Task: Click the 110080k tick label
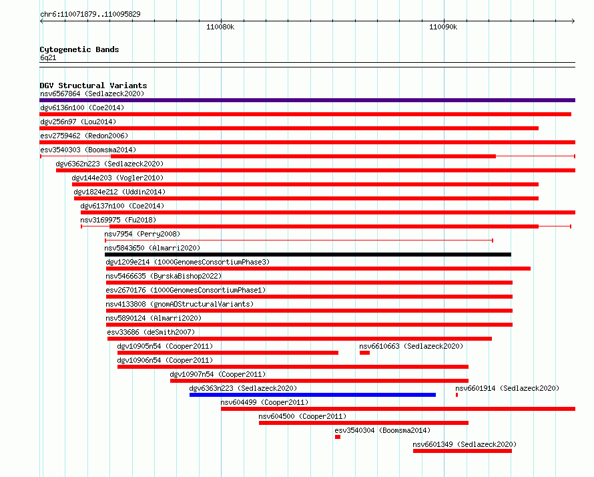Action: [x=220, y=27]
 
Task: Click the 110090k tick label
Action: [x=443, y=27]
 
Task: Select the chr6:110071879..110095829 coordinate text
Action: [x=90, y=14]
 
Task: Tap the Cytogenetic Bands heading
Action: [x=79, y=49]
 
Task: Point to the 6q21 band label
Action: [x=48, y=57]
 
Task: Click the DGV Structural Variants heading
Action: [x=93, y=86]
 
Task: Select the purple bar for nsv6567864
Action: [x=307, y=100]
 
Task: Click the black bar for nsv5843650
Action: [x=308, y=255]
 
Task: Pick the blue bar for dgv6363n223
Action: [x=312, y=395]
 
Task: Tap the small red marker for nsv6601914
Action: [x=457, y=395]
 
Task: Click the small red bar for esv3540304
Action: [x=338, y=437]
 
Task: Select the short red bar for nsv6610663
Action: [x=364, y=353]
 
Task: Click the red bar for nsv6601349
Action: [x=462, y=451]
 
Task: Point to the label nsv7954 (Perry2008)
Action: [x=142, y=234]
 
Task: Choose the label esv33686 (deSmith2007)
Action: [x=151, y=332]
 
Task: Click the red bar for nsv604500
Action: [x=364, y=423]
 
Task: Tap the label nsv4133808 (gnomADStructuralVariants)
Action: [x=180, y=304]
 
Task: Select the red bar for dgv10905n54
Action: [x=228, y=353]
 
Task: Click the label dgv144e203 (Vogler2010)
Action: [x=117, y=178]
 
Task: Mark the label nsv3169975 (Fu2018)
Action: [x=118, y=220]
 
